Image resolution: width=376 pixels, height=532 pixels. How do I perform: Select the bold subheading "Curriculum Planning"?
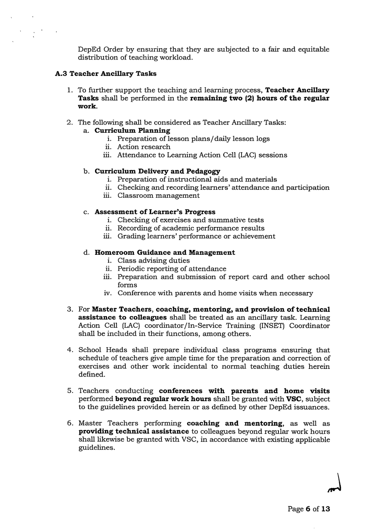click(x=132, y=131)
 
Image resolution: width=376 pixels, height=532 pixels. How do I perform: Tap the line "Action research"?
click(x=144, y=147)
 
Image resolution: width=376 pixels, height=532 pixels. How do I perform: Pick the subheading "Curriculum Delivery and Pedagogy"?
click(x=157, y=171)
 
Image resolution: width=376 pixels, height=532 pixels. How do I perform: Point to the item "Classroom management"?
click(x=158, y=195)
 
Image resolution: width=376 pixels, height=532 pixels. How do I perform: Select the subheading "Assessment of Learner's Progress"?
click(x=155, y=212)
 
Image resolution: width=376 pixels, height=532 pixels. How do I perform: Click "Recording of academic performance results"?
click(x=191, y=228)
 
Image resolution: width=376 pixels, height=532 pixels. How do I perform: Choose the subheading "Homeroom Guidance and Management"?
click(x=165, y=252)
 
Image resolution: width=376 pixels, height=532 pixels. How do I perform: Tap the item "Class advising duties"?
click(x=154, y=260)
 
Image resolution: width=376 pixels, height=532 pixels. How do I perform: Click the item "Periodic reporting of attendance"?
click(x=172, y=269)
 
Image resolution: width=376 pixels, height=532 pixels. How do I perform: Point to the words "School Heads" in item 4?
click(x=103, y=350)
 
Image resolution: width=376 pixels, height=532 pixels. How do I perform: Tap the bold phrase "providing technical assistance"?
click(x=134, y=432)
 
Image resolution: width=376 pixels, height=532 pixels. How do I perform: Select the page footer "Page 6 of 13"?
click(x=308, y=509)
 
